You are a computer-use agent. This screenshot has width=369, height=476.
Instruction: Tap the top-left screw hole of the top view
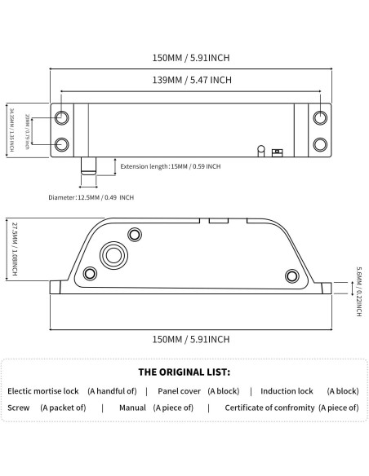tap(63, 118)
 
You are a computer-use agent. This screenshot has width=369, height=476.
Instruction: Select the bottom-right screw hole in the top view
tap(320, 144)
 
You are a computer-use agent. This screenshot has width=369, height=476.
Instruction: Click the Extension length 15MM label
tap(171, 166)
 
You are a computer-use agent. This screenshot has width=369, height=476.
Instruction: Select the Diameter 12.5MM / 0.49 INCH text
tap(91, 197)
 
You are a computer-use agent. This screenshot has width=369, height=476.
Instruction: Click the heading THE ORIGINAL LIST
tap(184, 371)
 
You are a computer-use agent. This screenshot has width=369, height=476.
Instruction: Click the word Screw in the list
tap(19, 408)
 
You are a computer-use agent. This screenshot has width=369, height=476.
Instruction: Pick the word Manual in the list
tap(132, 408)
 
